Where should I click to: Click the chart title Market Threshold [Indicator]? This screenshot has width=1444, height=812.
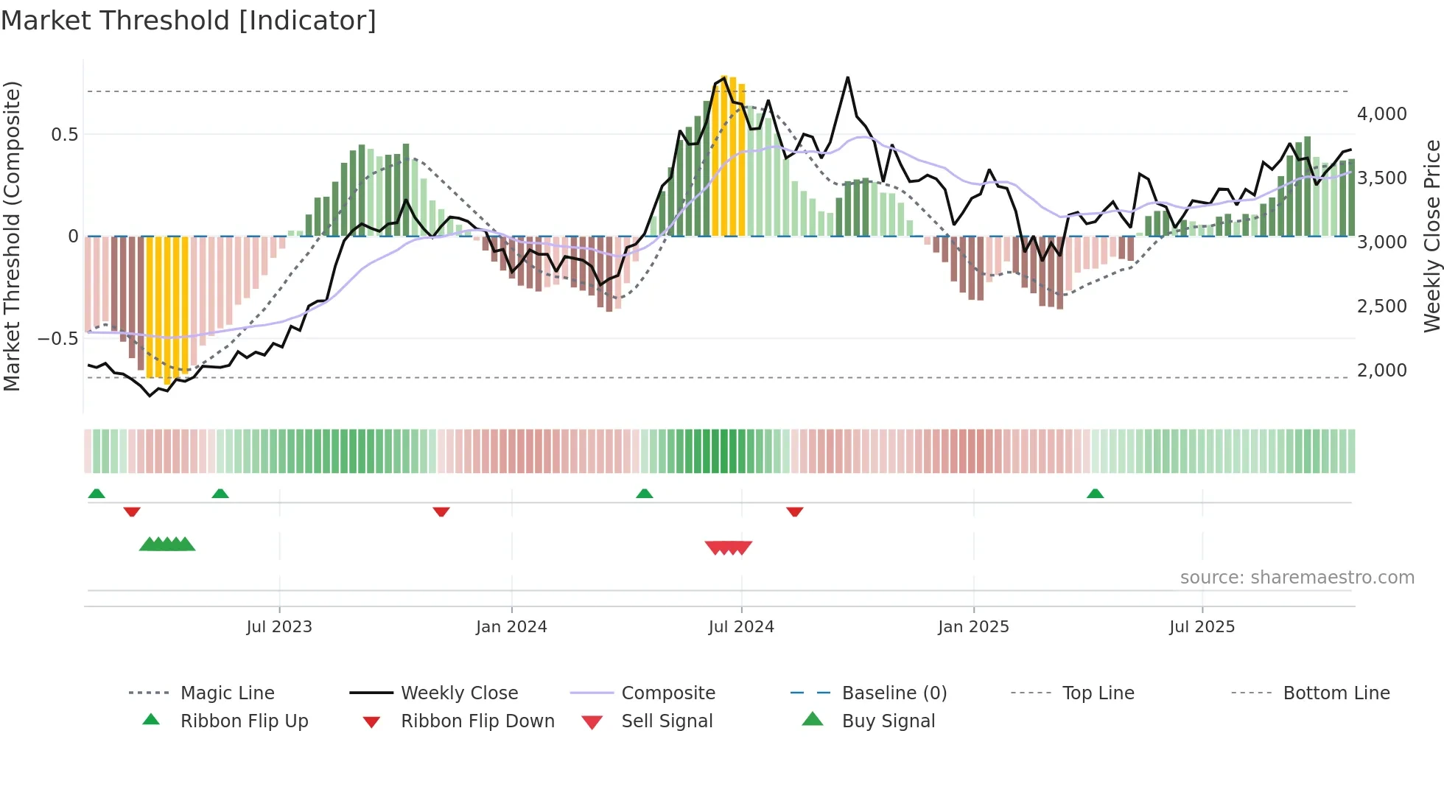coord(189,21)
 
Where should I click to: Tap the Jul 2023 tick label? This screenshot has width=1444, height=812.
coord(279,627)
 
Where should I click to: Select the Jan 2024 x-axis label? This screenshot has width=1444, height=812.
coord(511,627)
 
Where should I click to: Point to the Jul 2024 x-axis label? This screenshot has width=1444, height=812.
coord(741,627)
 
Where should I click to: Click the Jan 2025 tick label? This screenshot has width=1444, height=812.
coord(973,627)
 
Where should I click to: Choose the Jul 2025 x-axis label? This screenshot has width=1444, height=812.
coord(1202,627)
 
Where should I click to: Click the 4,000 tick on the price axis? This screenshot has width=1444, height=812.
coord(1381,114)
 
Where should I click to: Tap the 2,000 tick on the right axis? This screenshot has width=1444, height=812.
coord(1381,371)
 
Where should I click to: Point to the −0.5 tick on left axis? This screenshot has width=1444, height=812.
coord(57,339)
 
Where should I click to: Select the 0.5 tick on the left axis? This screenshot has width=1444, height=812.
coord(64,135)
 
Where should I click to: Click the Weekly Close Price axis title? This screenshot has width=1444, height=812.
coord(1431,236)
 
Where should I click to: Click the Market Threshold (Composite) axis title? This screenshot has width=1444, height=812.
coord(12,236)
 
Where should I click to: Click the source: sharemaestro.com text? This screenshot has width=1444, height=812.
coord(1297,578)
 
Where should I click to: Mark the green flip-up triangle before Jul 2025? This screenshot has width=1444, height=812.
coord(1095,494)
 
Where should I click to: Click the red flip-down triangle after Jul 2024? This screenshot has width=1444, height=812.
coord(794,511)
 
